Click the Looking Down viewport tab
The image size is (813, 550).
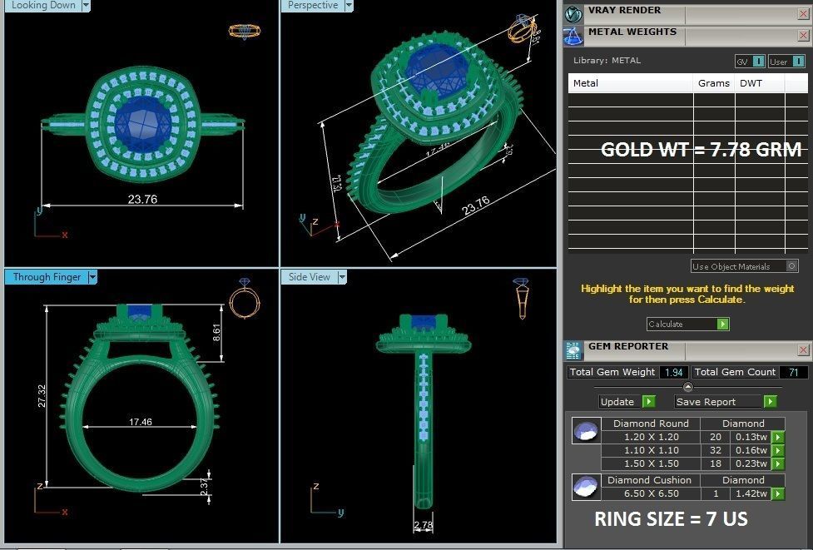point(43,6)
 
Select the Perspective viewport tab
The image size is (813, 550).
point(313,6)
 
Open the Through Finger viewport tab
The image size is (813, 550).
point(47,277)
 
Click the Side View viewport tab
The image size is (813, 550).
point(310,277)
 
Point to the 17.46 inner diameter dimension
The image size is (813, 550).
point(140,423)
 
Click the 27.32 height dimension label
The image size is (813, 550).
point(42,401)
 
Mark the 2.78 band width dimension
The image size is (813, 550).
point(423,525)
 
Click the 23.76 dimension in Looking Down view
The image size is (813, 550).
point(142,200)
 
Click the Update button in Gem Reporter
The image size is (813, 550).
point(618,402)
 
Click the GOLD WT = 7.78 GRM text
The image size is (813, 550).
point(701,150)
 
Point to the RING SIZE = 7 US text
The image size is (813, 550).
point(671,519)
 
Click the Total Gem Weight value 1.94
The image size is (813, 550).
point(673,372)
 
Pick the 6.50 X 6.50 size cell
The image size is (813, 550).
point(651,493)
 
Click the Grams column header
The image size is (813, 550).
point(713,83)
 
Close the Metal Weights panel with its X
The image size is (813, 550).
point(803,35)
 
